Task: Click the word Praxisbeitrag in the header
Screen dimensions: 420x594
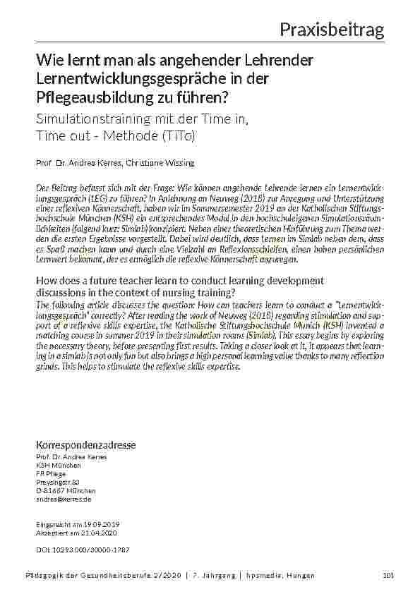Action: click(x=331, y=30)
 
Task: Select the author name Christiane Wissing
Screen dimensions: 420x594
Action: click(x=165, y=163)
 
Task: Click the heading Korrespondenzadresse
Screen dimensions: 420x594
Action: click(x=85, y=445)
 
